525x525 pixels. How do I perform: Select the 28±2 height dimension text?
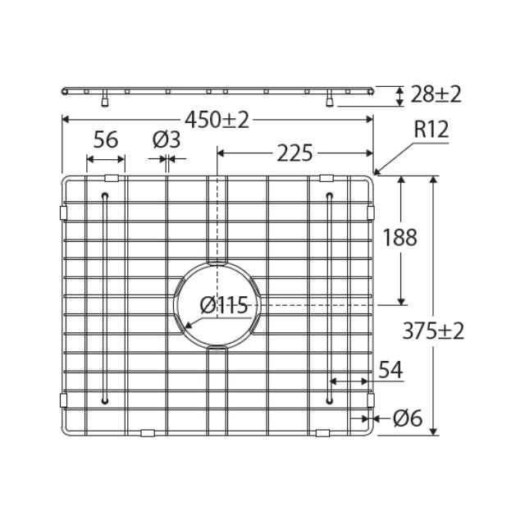[x=435, y=94]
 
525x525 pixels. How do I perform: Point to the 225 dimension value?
[x=294, y=153]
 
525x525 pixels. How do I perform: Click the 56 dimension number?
[x=106, y=139]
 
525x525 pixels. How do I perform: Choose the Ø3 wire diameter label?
[x=167, y=139]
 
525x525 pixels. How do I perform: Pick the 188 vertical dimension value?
[x=400, y=238]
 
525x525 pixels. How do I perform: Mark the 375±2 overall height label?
[x=434, y=331]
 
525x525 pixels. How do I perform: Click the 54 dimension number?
[x=390, y=371]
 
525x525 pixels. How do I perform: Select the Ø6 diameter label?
[x=407, y=418]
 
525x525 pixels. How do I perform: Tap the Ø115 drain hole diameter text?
[x=224, y=306]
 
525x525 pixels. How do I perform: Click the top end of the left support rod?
[x=105, y=195]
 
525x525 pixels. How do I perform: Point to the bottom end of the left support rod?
[x=105, y=400]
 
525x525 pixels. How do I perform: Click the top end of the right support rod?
[x=330, y=195]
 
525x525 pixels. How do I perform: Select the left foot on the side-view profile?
[x=104, y=102]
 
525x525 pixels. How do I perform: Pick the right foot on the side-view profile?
[x=330, y=102]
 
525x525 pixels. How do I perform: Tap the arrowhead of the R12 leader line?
[x=377, y=172]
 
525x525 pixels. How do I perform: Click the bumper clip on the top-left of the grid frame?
[x=112, y=178]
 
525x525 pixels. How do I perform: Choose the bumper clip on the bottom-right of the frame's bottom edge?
[x=323, y=432]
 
